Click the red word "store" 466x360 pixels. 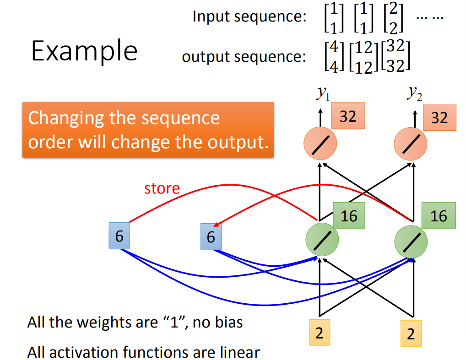click(x=162, y=188)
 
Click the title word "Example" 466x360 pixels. click(x=84, y=51)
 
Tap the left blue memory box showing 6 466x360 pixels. click(x=119, y=236)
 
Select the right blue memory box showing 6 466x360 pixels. click(x=211, y=237)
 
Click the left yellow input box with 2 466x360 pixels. click(x=320, y=333)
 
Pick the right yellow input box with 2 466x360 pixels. click(x=411, y=333)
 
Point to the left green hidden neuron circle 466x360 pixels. click(x=322, y=239)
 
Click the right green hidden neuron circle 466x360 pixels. click(x=411, y=242)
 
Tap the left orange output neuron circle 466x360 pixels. click(x=320, y=144)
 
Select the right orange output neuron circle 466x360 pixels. click(x=411, y=144)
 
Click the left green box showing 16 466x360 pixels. click(x=349, y=215)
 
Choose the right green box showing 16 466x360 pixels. click(x=439, y=215)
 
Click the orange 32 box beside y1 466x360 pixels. click(x=348, y=116)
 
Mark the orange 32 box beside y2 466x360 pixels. click(x=439, y=117)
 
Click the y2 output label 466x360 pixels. click(x=415, y=93)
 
